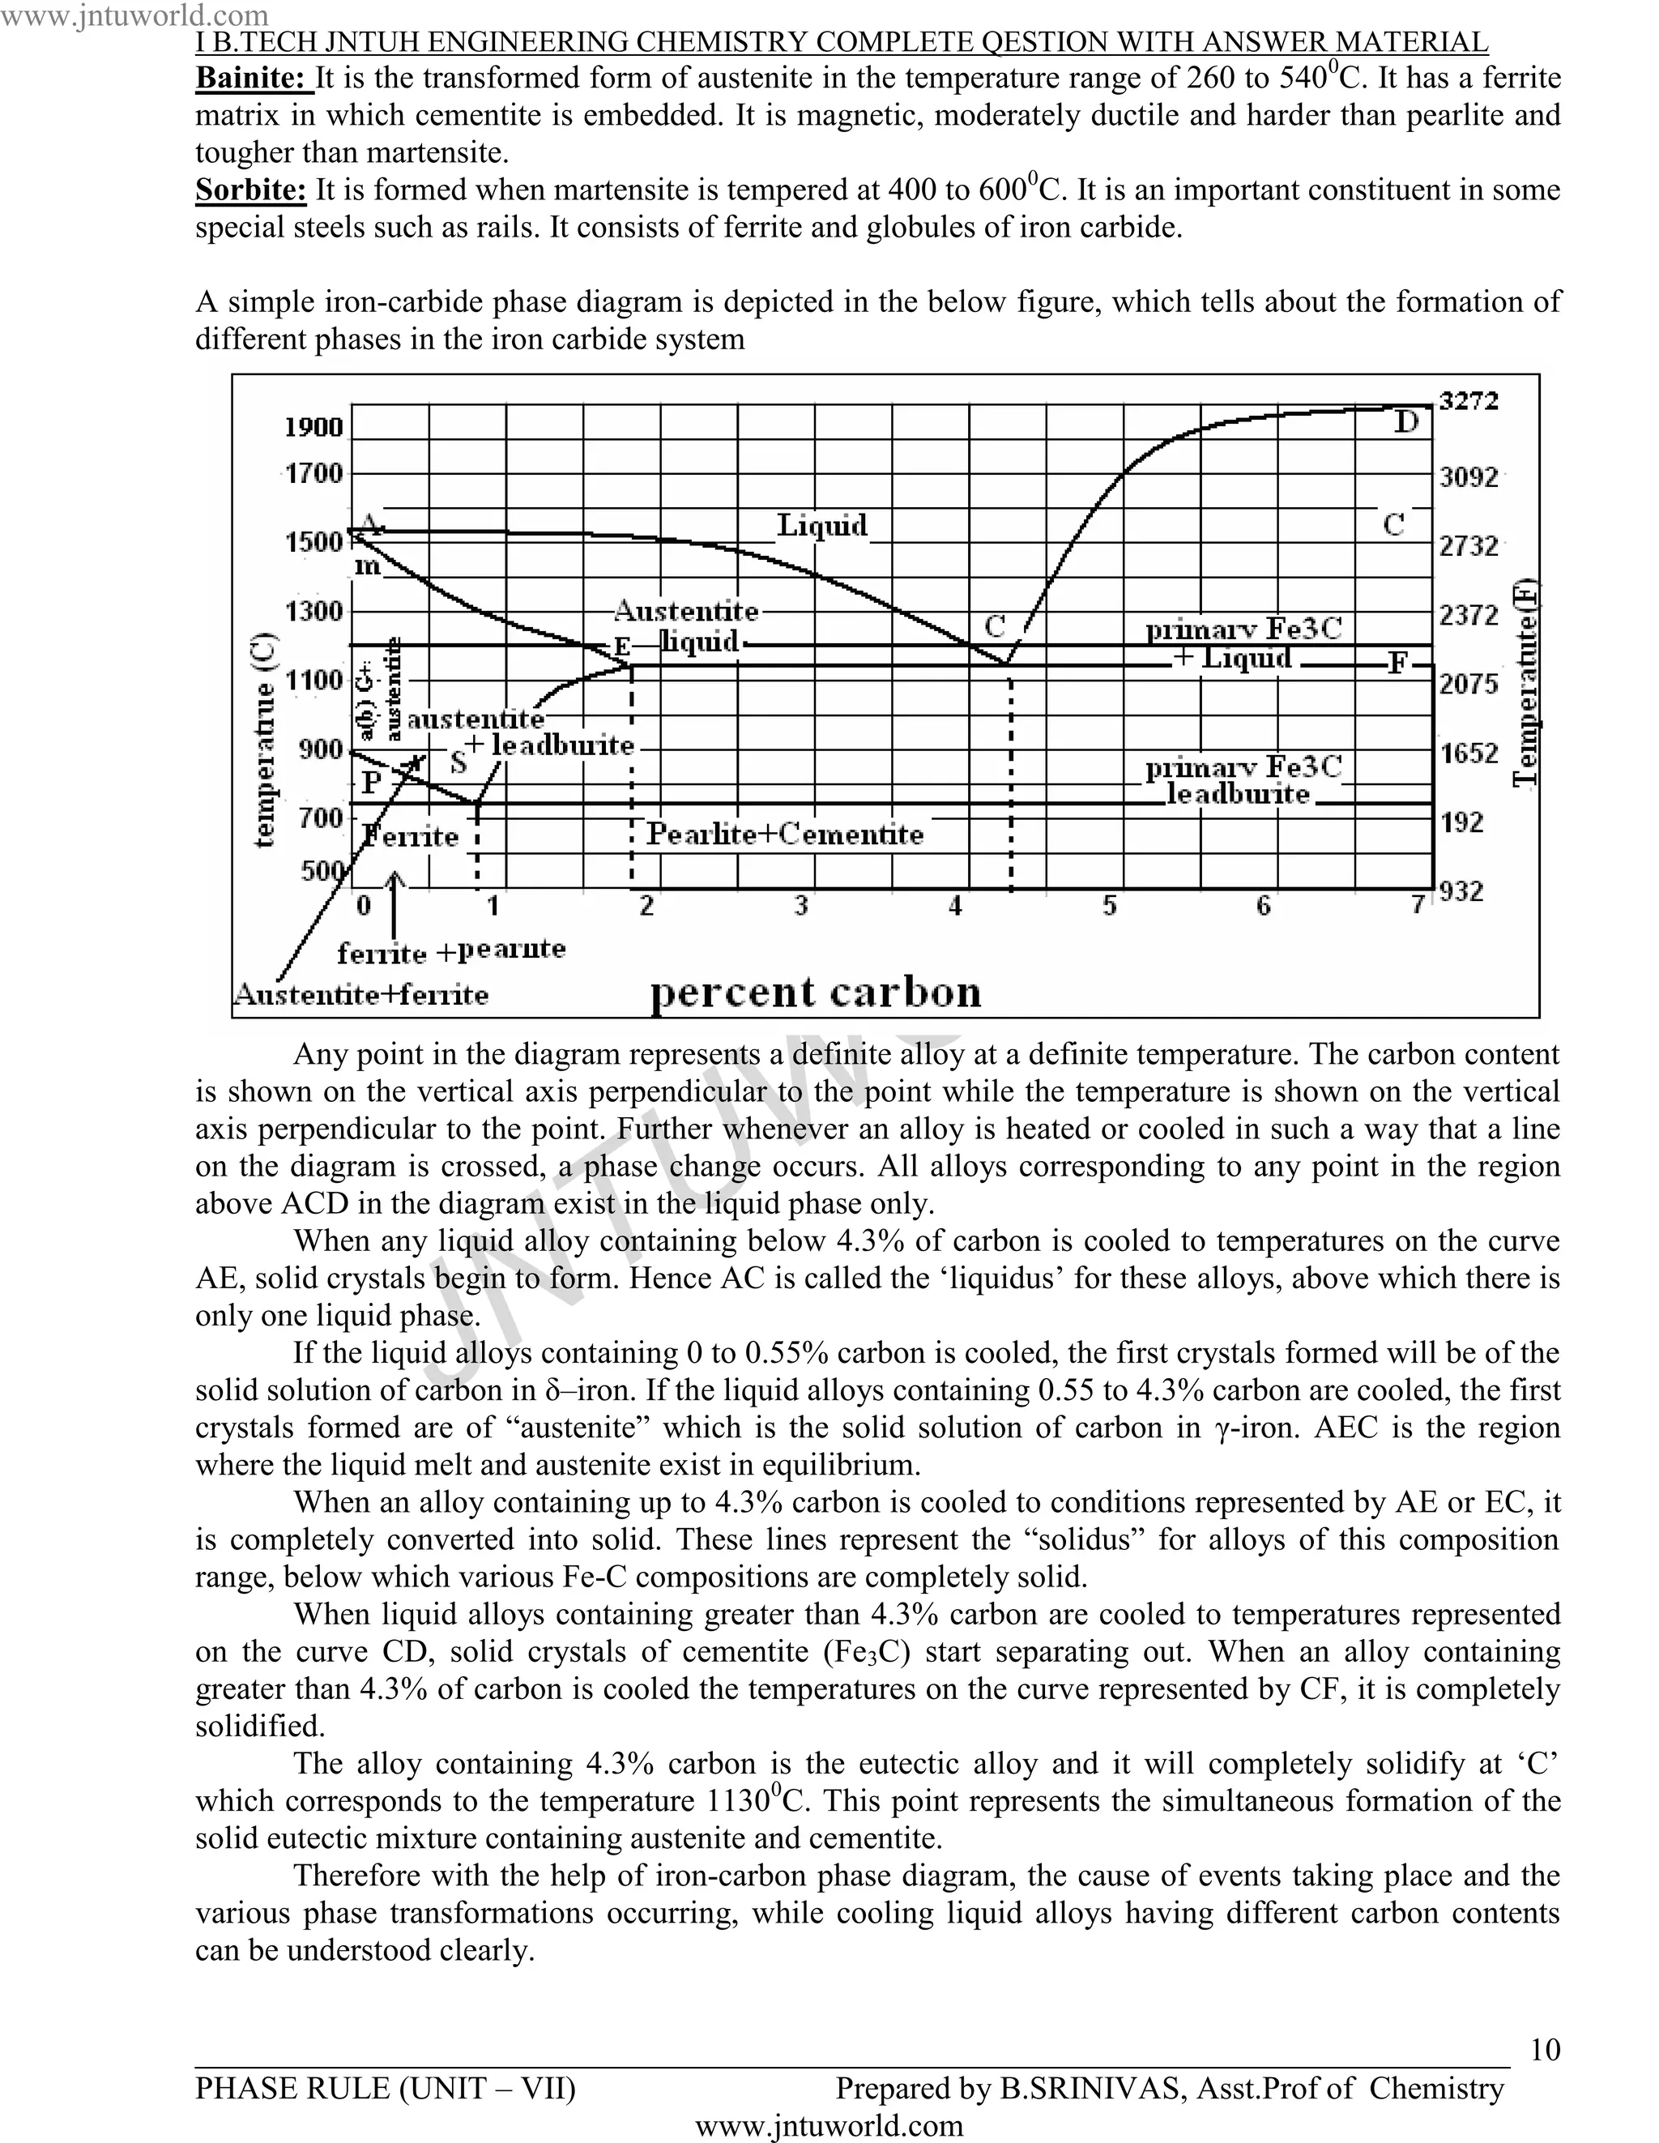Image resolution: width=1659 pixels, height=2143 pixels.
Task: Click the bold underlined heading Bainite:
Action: (x=253, y=78)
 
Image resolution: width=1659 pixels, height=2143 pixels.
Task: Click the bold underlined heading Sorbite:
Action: (x=250, y=190)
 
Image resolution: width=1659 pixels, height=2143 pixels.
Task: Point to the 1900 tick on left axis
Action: (x=314, y=427)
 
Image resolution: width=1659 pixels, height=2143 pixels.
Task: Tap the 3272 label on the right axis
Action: (x=1469, y=400)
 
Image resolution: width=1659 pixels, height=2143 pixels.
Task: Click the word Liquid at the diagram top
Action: (x=822, y=526)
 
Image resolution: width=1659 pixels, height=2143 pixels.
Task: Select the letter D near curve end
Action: (x=1406, y=423)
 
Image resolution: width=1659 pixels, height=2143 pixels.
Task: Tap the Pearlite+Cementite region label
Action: (x=785, y=835)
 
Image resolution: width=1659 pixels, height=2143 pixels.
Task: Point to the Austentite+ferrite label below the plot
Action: (x=361, y=995)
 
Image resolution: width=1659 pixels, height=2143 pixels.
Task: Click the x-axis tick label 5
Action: (x=1110, y=906)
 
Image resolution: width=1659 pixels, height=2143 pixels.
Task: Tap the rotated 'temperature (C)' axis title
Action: (x=265, y=738)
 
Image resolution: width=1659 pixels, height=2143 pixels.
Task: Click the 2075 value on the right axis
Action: (x=1469, y=683)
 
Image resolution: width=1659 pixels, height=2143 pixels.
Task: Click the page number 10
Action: (x=1544, y=2050)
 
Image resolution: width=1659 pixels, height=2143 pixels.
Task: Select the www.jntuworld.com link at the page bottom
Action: (x=829, y=2126)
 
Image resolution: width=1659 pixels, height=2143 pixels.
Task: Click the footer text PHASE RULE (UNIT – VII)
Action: (x=386, y=2089)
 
